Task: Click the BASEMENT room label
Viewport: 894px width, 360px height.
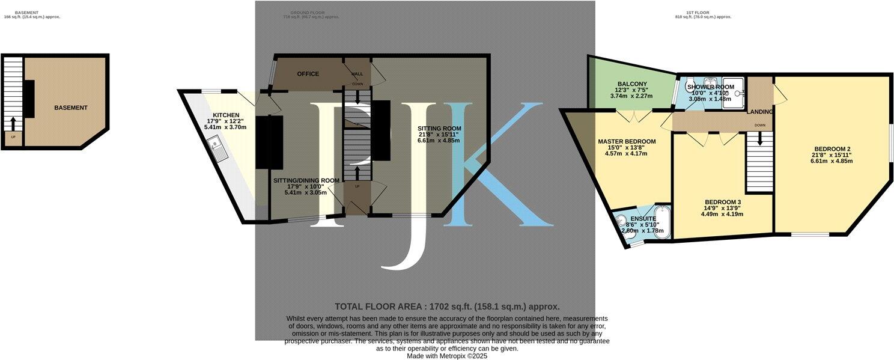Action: pos(71,108)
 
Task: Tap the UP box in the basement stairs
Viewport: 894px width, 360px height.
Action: pos(12,138)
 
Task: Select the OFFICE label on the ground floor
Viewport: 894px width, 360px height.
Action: pos(308,74)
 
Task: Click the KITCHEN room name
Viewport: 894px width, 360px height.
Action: pos(226,115)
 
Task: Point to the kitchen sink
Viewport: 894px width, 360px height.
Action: pos(216,148)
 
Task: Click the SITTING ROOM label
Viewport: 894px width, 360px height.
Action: pos(440,129)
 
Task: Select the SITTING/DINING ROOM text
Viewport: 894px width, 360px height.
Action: pos(306,180)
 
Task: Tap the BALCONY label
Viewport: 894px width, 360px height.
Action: pos(631,84)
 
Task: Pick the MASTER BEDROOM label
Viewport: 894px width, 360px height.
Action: pos(627,142)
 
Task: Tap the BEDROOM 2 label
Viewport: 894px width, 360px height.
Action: pos(832,149)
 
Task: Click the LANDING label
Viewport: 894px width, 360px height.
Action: pos(759,112)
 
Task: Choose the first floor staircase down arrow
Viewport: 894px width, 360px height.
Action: pos(760,139)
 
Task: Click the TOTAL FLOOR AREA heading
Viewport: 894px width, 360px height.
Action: pos(447,307)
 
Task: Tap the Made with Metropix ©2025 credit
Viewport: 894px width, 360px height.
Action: pos(447,356)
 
